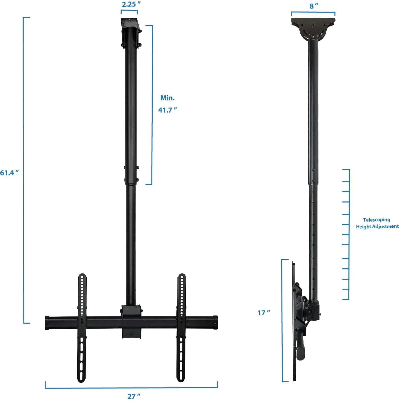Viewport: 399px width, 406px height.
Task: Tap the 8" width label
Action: [314, 6]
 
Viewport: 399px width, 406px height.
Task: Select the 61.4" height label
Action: [9, 173]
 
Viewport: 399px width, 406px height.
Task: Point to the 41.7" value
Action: [167, 110]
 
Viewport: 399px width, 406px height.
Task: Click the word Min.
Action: [167, 98]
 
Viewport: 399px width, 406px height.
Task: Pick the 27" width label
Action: [134, 396]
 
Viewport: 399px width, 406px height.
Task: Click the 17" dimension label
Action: [264, 313]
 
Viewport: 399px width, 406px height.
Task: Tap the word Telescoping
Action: [376, 220]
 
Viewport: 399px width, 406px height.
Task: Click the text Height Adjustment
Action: [377, 226]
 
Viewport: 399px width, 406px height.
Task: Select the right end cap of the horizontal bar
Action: [216, 322]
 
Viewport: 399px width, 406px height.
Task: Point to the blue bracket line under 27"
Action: [131, 388]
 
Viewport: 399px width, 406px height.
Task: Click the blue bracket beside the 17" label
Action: [282, 320]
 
